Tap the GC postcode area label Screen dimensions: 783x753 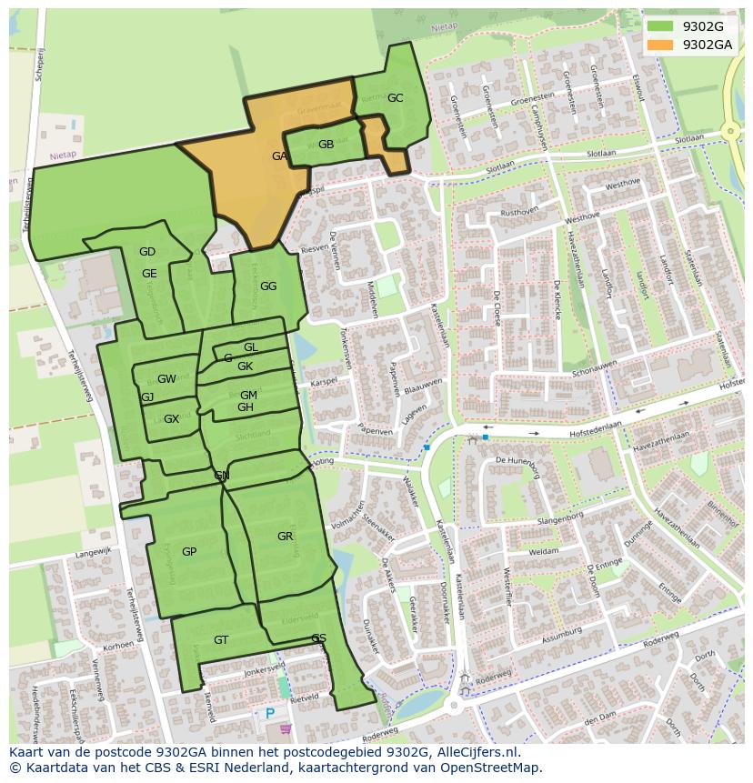[x=395, y=98]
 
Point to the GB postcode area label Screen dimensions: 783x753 [x=326, y=145]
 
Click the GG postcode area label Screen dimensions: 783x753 [x=268, y=286]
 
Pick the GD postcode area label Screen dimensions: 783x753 [x=147, y=252]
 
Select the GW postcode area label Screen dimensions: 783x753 [x=166, y=379]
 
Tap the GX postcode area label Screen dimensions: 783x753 [x=171, y=419]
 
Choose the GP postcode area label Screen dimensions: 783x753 [x=189, y=552]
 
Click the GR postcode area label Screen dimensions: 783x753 [x=285, y=537]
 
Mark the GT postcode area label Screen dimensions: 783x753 [x=221, y=640]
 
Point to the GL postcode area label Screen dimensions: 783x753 [x=251, y=347]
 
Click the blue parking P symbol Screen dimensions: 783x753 [x=270, y=714]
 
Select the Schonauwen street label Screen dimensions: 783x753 [x=595, y=367]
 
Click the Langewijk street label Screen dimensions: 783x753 [x=93, y=551]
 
